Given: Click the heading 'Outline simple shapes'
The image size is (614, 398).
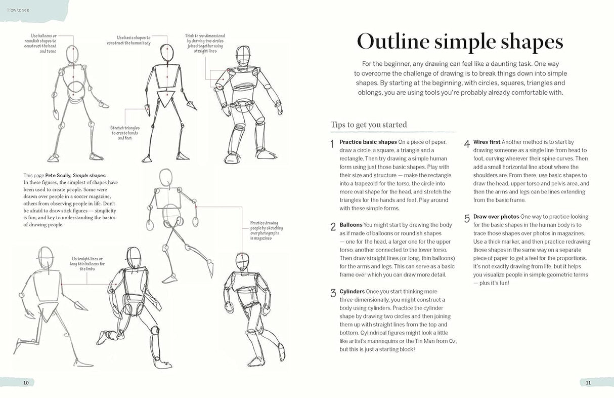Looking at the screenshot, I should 460,42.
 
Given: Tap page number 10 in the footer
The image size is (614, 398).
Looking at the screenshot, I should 26,383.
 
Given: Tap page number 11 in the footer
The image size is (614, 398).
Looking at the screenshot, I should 588,383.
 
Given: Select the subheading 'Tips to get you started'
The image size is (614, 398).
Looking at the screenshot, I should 369,125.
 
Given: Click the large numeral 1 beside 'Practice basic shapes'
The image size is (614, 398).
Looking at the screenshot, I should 332,144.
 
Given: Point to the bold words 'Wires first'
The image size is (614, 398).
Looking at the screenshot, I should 487,142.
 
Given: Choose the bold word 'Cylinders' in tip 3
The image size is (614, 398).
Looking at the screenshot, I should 352,292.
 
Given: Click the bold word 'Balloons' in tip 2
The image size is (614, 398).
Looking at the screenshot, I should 351,225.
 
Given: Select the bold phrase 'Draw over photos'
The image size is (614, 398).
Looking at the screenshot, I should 496,217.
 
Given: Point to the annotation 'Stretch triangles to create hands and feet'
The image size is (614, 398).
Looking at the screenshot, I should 125,133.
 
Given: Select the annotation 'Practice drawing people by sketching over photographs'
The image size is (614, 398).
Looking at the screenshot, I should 267,230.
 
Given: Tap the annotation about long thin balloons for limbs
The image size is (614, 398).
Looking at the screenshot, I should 88,263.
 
